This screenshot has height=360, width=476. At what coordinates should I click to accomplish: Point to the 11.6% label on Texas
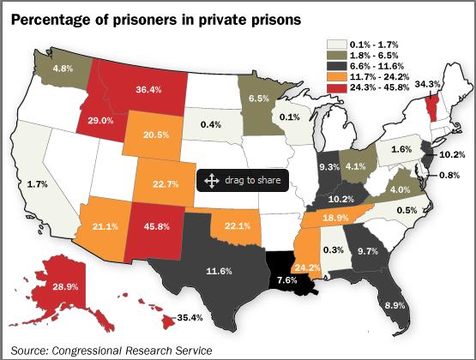tap(220, 272)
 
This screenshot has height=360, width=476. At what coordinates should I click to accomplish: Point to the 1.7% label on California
tap(37, 184)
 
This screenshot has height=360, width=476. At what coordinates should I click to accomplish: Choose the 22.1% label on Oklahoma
tap(238, 225)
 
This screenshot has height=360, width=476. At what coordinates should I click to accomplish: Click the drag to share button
tap(242, 181)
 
